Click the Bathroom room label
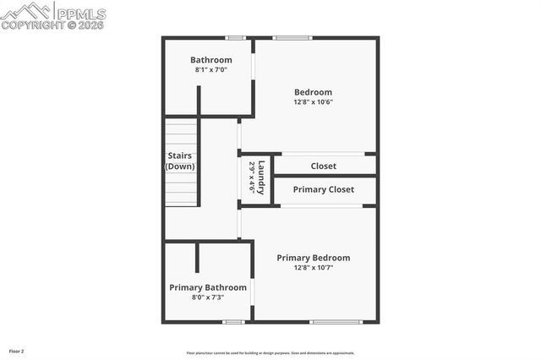[210, 60]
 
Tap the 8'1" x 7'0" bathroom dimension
[210, 70]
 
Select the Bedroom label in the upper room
[313, 92]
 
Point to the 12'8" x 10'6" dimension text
[313, 102]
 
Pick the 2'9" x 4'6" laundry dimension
[252, 177]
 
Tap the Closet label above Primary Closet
[324, 166]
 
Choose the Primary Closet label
[324, 189]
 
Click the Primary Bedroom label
[314, 258]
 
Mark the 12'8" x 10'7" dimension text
[314, 268]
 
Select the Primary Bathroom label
[208, 287]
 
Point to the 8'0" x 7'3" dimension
[208, 297]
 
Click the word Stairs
[180, 155]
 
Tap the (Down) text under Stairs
[180, 166]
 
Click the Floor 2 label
[17, 351]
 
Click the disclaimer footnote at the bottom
[270, 353]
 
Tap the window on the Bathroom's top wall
[235, 37]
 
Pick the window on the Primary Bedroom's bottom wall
[336, 322]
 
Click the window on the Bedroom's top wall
[292, 37]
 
